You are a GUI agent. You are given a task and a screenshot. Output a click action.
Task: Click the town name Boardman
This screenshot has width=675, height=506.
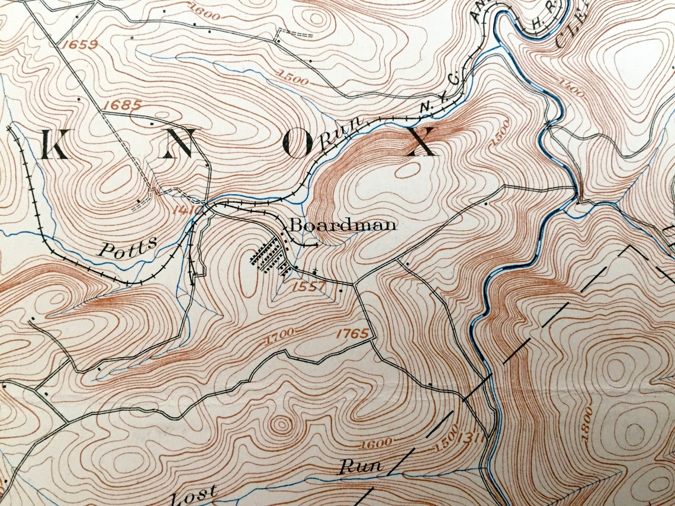coord(342,225)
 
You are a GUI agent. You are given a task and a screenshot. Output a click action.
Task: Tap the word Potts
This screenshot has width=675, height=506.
coord(128,246)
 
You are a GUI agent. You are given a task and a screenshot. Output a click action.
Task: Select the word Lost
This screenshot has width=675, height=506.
coord(195,493)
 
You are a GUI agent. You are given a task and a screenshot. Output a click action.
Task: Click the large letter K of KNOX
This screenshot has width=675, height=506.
coord(55,144)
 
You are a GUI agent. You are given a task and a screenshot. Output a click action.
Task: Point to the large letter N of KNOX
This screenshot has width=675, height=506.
coord(179,143)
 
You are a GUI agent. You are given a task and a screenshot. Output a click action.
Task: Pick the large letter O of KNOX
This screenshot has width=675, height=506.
coord(297,144)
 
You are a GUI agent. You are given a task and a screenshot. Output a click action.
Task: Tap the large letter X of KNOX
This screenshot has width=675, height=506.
coord(421,142)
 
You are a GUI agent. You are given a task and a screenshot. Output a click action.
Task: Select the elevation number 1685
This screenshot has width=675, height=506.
coord(121,105)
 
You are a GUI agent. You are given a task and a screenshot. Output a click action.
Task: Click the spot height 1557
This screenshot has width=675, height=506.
coord(308,286)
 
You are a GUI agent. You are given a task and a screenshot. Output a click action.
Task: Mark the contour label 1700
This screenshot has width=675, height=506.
coord(281,339)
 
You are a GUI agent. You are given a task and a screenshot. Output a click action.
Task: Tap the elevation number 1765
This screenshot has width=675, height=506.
coord(352,333)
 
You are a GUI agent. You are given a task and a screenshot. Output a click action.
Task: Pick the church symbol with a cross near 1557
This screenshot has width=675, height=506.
coord(314,272)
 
